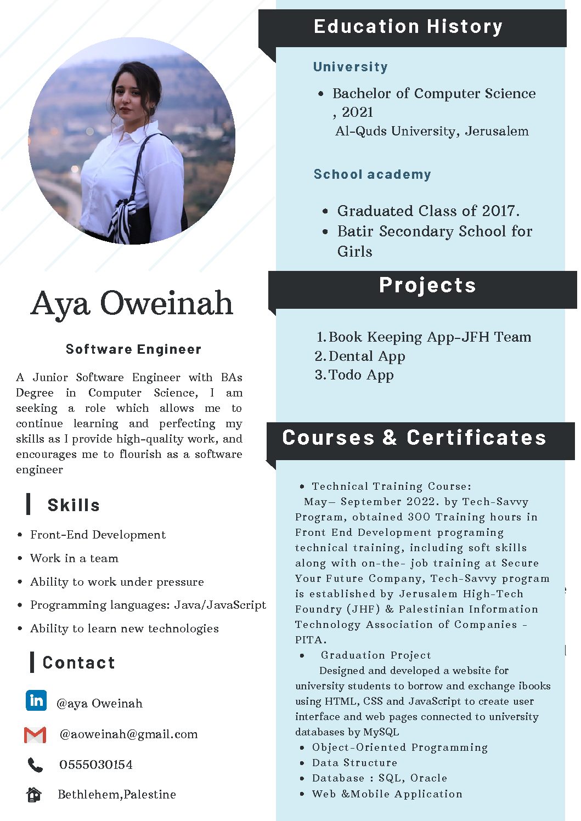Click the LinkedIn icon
pyautogui.click(x=36, y=700)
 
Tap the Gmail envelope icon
pyautogui.click(x=35, y=734)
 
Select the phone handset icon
pyautogui.click(x=35, y=765)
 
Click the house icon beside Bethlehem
pyautogui.click(x=34, y=794)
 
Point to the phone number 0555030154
pyautogui.click(x=96, y=765)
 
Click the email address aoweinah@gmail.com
pyautogui.click(x=128, y=734)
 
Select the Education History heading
pyautogui.click(x=408, y=26)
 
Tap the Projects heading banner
pyautogui.click(x=427, y=285)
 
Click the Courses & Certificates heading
pyautogui.click(x=414, y=438)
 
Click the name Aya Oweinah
pyautogui.click(x=132, y=303)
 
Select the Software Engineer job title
pyautogui.click(x=133, y=349)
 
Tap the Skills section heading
pyautogui.click(x=74, y=505)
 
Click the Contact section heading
pyautogui.click(x=79, y=663)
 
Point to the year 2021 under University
pyautogui.click(x=357, y=112)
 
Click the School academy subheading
pyautogui.click(x=372, y=174)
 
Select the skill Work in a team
pyautogui.click(x=74, y=558)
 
